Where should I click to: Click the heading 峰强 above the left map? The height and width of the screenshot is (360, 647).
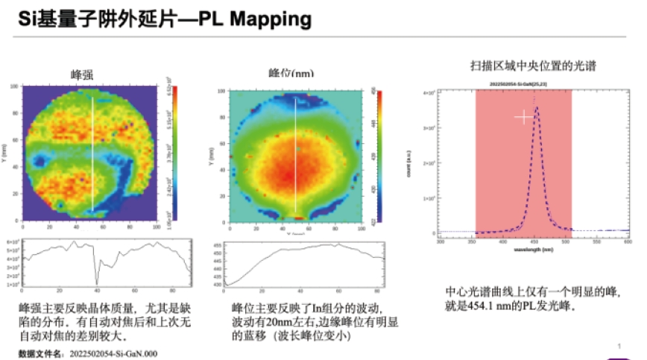(x=83, y=74)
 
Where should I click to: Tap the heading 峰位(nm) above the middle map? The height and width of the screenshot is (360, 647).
(x=291, y=74)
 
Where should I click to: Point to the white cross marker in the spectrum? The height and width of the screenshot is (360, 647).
(x=524, y=117)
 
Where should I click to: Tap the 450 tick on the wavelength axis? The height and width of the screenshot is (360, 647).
(x=534, y=242)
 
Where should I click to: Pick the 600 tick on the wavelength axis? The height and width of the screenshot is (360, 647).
(x=627, y=242)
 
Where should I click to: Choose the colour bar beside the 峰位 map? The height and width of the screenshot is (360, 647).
(x=379, y=157)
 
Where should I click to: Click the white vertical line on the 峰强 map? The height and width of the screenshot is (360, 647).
(x=93, y=153)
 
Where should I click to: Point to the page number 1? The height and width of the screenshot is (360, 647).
(x=619, y=346)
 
